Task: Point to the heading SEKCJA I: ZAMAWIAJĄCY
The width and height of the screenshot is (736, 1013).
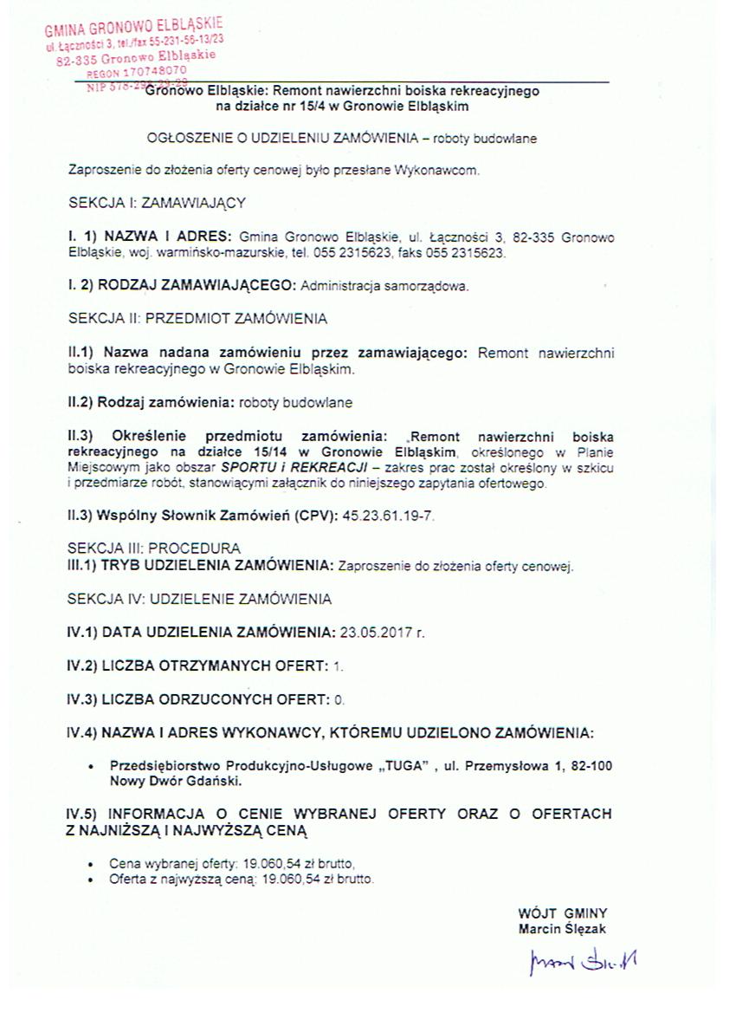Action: click(157, 203)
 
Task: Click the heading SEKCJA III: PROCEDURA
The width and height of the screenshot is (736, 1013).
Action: click(154, 549)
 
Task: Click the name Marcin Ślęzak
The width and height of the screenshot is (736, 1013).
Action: click(562, 929)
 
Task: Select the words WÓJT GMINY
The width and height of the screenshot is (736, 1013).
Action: click(562, 913)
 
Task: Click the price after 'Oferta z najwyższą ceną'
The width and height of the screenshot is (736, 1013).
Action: click(329, 879)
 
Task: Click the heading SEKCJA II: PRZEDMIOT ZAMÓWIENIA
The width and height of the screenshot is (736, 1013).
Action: click(197, 318)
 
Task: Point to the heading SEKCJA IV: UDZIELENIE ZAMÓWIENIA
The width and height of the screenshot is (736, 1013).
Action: click(199, 599)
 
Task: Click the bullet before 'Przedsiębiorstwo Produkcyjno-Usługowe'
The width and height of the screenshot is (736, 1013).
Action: click(92, 767)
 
